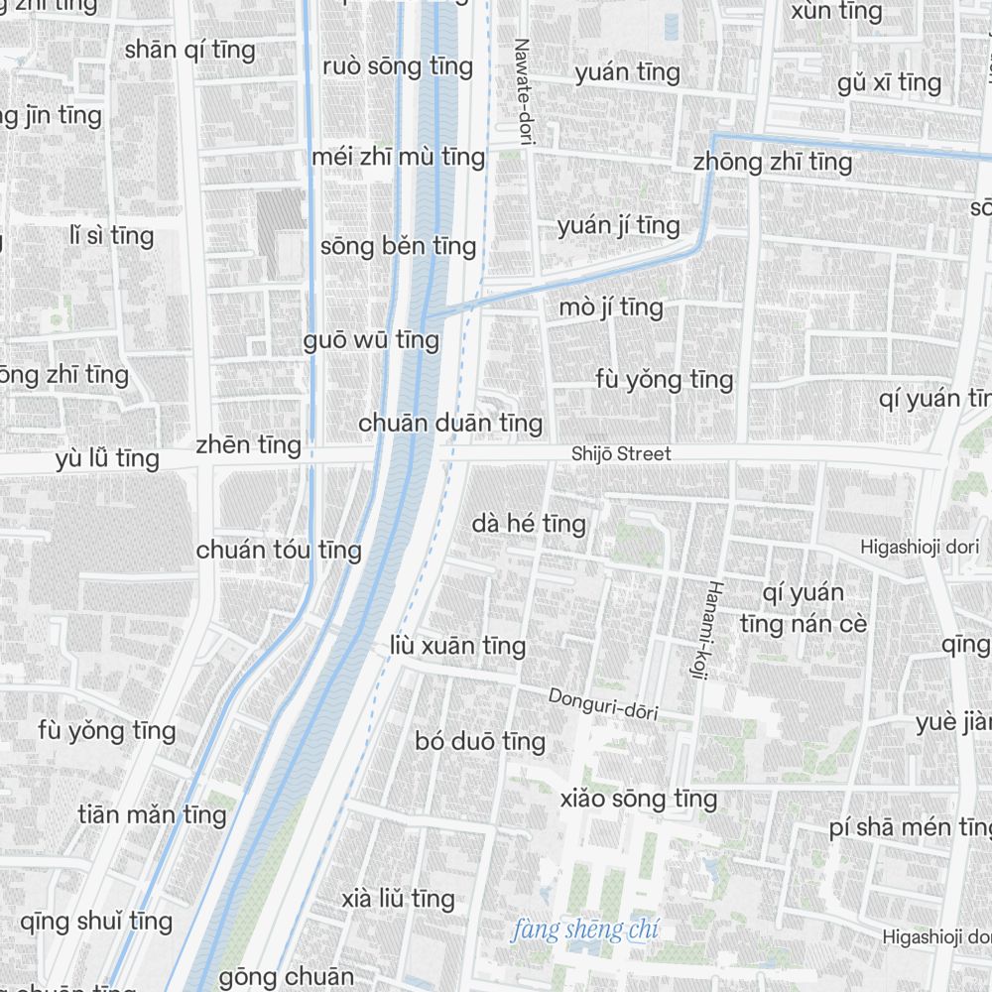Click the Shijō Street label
coord(621,454)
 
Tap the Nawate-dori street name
coord(523,92)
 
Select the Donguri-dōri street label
coord(603,703)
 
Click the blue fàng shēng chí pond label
coord(585,930)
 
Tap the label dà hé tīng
coord(529,523)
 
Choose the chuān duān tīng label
coord(450,424)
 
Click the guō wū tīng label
coord(371,340)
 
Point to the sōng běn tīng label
coord(398,246)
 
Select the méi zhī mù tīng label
coord(398,157)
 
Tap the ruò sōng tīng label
coord(398,66)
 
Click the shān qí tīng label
coord(190,50)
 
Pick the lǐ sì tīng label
coord(112,236)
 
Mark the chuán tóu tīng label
coord(279,550)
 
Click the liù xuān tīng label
coord(457,647)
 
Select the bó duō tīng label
coord(480,742)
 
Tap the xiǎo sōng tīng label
coord(638,799)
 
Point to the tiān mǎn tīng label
coord(153,815)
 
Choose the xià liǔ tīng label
coord(398,900)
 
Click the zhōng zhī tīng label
coord(773,162)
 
